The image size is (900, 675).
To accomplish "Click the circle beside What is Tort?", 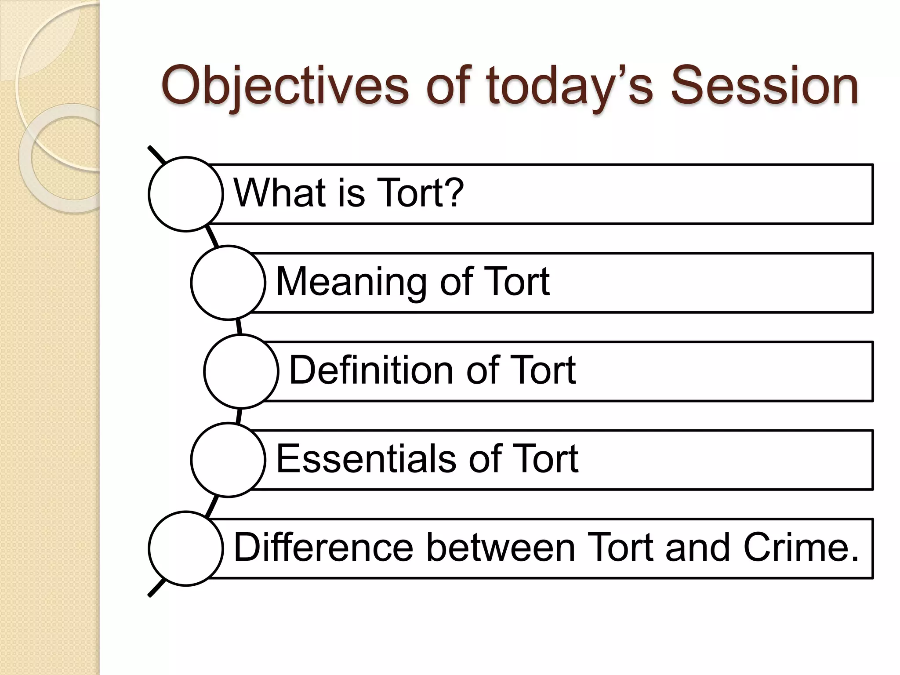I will click(x=186, y=194).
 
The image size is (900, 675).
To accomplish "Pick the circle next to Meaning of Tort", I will click(x=228, y=283).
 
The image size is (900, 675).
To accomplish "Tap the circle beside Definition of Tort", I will click(x=241, y=371).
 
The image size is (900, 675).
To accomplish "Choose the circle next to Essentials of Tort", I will click(x=228, y=460).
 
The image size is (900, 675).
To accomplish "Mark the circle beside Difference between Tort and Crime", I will click(x=186, y=548).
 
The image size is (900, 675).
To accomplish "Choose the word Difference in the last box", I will click(x=323, y=547).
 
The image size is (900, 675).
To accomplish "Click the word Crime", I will click(x=800, y=547).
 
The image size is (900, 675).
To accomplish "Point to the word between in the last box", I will click(x=501, y=547).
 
